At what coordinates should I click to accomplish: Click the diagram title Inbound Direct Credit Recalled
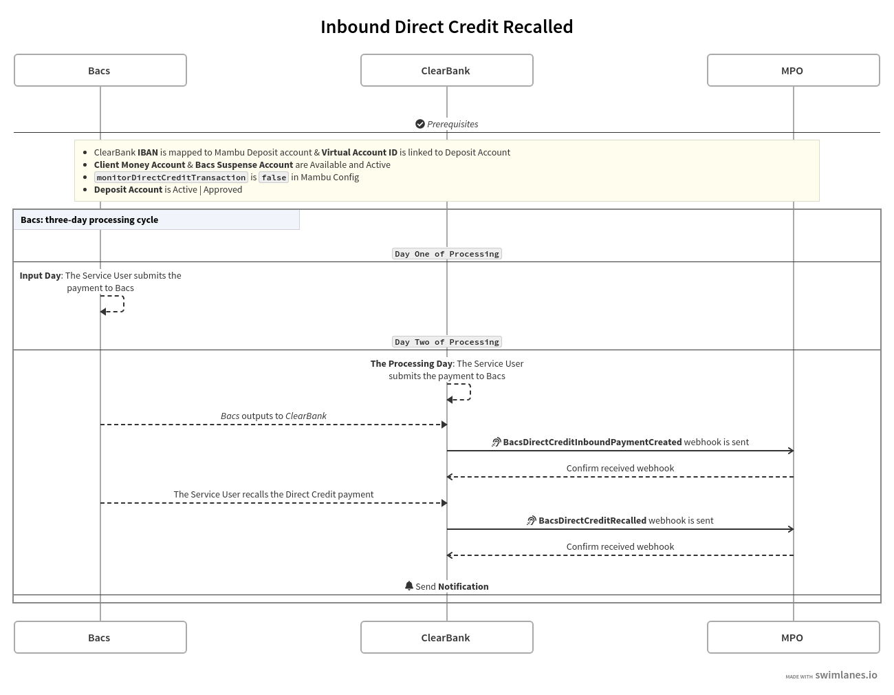pyautogui.click(x=446, y=27)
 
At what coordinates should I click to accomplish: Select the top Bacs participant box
pyautogui.click(x=100, y=70)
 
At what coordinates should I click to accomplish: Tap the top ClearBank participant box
pyautogui.click(x=446, y=70)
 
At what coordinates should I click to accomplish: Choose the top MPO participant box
pyautogui.click(x=793, y=70)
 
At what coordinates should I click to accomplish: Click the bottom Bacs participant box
pyautogui.click(x=100, y=637)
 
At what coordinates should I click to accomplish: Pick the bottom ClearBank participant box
pyautogui.click(x=446, y=637)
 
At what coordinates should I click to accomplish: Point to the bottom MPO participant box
pyautogui.click(x=793, y=637)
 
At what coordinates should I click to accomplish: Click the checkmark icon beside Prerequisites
pyautogui.click(x=420, y=124)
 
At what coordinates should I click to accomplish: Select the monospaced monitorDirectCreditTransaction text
pyautogui.click(x=171, y=178)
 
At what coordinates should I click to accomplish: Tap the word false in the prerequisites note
pyautogui.click(x=274, y=178)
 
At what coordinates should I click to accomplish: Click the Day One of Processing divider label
pyautogui.click(x=446, y=254)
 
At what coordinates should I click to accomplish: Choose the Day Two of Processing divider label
pyautogui.click(x=446, y=342)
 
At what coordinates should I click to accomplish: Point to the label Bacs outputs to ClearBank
pyautogui.click(x=273, y=416)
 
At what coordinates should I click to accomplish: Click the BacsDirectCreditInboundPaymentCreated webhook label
pyautogui.click(x=591, y=442)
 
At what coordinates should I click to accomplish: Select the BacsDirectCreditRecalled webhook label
pyautogui.click(x=591, y=521)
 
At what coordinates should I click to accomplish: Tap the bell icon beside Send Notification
pyautogui.click(x=409, y=586)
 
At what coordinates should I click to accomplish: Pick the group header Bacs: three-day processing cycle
pyautogui.click(x=89, y=220)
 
